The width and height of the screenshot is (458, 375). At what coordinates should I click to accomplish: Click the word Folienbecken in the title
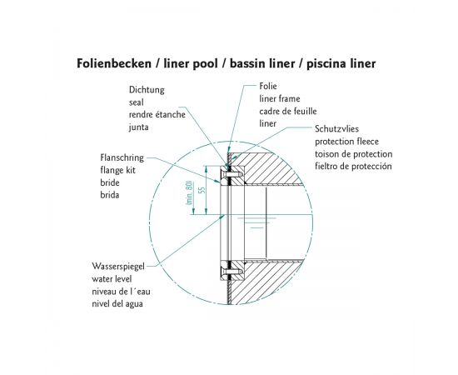[114, 63]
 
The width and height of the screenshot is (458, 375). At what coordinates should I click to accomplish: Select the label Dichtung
[147, 90]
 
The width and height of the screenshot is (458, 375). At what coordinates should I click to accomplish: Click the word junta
[139, 127]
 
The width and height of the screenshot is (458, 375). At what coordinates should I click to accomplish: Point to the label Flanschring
[122, 157]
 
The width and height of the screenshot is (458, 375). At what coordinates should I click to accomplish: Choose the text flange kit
[117, 170]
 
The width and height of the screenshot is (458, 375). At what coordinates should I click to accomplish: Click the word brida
[110, 195]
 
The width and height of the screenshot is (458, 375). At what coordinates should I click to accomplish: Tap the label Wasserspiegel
[118, 267]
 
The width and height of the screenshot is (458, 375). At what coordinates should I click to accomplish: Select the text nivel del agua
[117, 304]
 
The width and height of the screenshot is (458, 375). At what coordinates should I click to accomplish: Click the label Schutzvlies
[336, 129]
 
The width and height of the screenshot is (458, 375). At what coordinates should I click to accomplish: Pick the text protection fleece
[346, 142]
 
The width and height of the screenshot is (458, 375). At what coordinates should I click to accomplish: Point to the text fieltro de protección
[353, 167]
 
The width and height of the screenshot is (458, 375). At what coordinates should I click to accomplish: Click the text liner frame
[280, 99]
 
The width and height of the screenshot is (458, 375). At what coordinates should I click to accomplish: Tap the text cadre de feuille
[288, 112]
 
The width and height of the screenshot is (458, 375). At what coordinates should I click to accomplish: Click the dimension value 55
[202, 190]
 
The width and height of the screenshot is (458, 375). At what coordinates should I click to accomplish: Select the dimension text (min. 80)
[190, 192]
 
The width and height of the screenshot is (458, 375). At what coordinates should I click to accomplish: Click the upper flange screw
[232, 174]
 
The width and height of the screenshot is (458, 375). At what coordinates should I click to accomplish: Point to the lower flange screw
[232, 271]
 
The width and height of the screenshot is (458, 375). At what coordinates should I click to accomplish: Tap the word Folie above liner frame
[268, 86]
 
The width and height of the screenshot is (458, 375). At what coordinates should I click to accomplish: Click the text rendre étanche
[157, 114]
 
